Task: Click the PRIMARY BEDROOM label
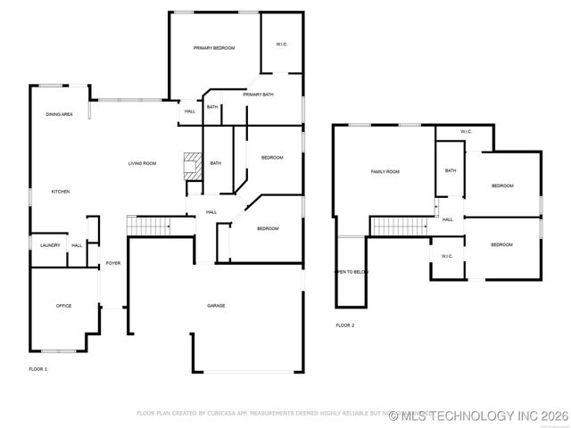point(214,48)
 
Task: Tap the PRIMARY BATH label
point(258,95)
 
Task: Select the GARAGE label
point(216,306)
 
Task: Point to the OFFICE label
point(64,306)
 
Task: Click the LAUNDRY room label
point(50,245)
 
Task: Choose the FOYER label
point(113,263)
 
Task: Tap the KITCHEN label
point(60,192)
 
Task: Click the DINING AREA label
point(59,115)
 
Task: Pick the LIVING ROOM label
point(142,163)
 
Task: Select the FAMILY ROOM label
point(385,171)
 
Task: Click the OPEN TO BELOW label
point(351,272)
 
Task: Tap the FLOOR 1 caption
point(37,368)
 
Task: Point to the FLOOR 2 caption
point(344,325)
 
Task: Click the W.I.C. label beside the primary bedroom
point(281,44)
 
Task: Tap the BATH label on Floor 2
point(451,170)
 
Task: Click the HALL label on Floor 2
point(447,219)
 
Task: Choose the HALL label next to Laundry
point(77,245)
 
